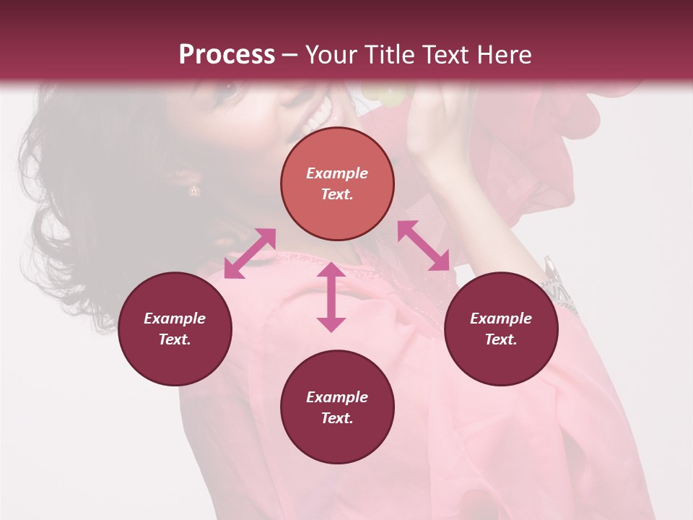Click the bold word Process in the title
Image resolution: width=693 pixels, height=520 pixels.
(227, 55)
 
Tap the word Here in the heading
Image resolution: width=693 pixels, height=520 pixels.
(502, 55)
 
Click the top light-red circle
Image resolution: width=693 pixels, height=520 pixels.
(337, 183)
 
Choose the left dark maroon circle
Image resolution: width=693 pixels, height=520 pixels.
(175, 329)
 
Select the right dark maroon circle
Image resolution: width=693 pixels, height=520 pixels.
(501, 329)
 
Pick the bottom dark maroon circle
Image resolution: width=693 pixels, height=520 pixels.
(337, 407)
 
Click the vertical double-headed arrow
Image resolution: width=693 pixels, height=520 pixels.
(331, 298)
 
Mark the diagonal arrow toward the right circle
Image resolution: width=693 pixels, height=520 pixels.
(423, 246)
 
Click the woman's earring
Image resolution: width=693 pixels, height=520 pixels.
(194, 191)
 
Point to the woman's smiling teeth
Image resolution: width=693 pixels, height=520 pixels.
(318, 116)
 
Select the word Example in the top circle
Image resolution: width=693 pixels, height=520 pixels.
(337, 173)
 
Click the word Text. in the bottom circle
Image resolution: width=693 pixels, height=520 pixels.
(337, 418)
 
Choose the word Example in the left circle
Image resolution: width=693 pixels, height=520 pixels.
(175, 318)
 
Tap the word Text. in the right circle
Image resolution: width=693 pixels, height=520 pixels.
(501, 339)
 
